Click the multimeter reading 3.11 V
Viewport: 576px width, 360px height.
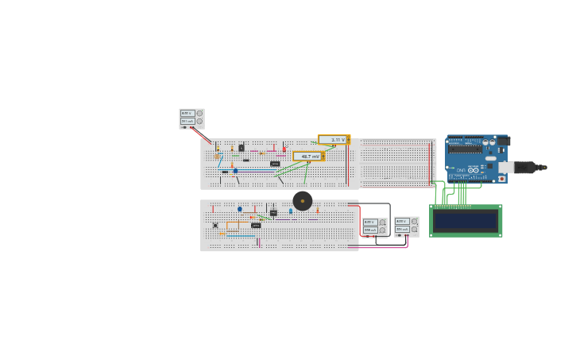pyautogui.click(x=334, y=140)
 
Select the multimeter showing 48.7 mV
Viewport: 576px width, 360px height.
pyautogui.click(x=308, y=157)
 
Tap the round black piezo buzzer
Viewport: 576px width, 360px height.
pyautogui.click(x=303, y=200)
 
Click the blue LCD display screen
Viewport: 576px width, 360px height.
pyautogui.click(x=466, y=221)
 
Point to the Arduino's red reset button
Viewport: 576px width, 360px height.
pyautogui.click(x=501, y=179)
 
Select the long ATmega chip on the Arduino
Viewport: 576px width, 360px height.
pyautogui.click(x=465, y=149)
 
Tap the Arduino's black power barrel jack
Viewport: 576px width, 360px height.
pyautogui.click(x=503, y=141)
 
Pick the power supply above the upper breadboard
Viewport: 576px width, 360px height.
pyautogui.click(x=191, y=118)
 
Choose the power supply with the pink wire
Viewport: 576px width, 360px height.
pyautogui.click(x=406, y=226)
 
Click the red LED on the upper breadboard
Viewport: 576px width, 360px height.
pyautogui.click(x=284, y=149)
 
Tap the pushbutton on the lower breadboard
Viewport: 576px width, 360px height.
pyautogui.click(x=215, y=225)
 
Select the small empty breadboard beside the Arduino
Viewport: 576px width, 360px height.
pyautogui.click(x=397, y=164)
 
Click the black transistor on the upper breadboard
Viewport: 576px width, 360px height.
pyautogui.click(x=242, y=148)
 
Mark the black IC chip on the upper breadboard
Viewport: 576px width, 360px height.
pyautogui.click(x=275, y=164)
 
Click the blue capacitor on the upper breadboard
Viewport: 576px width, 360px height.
pyautogui.click(x=235, y=171)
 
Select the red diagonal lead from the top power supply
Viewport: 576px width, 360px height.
pyautogui.click(x=201, y=136)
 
